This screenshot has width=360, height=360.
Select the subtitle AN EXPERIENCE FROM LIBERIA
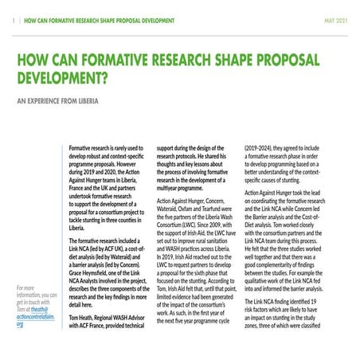point(61,103)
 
